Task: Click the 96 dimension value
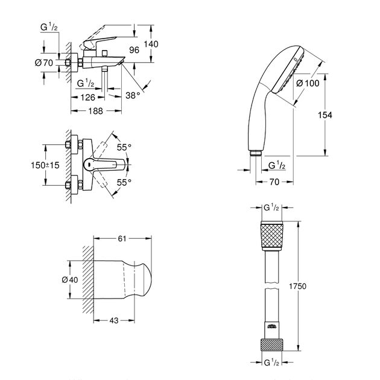click(135, 51)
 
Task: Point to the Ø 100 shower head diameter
click(308, 83)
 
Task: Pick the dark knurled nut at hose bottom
click(272, 344)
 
